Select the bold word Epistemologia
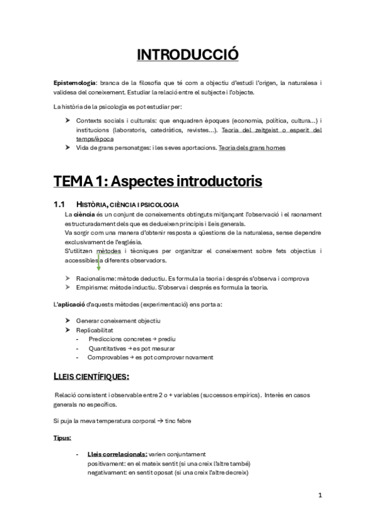(x=74, y=83)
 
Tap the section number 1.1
(x=59, y=204)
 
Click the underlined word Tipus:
(x=62, y=438)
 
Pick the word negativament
(x=107, y=472)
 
